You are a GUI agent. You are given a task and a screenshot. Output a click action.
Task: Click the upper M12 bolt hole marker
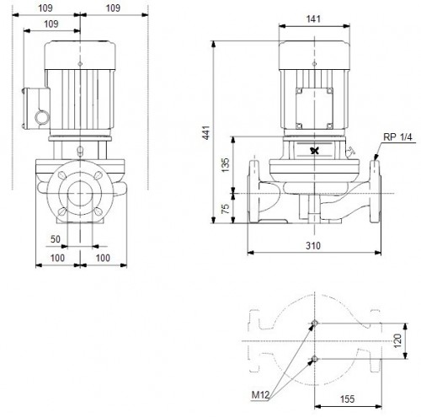point(314,324)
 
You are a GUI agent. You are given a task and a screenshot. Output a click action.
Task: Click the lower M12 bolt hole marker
point(314,361)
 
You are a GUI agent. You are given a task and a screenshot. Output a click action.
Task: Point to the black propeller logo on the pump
point(315,151)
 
